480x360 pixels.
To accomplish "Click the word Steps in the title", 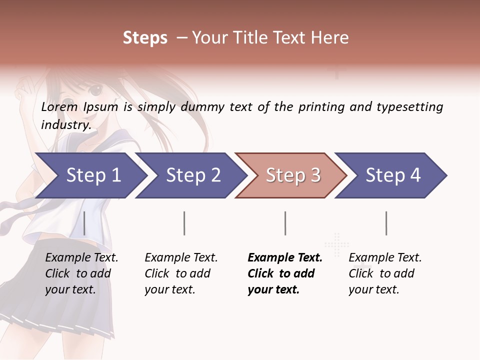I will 145,38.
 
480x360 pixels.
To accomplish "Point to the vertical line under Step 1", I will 84,223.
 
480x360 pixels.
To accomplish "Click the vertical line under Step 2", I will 184,223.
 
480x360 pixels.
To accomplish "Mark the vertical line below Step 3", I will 285,223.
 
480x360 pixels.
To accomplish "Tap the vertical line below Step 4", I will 386,223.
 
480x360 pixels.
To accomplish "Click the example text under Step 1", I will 81,273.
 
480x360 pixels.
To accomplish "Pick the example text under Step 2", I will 180,273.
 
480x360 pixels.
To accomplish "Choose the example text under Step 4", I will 384,273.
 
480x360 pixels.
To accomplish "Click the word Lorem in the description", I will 59,107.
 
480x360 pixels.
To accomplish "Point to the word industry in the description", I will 65,125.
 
